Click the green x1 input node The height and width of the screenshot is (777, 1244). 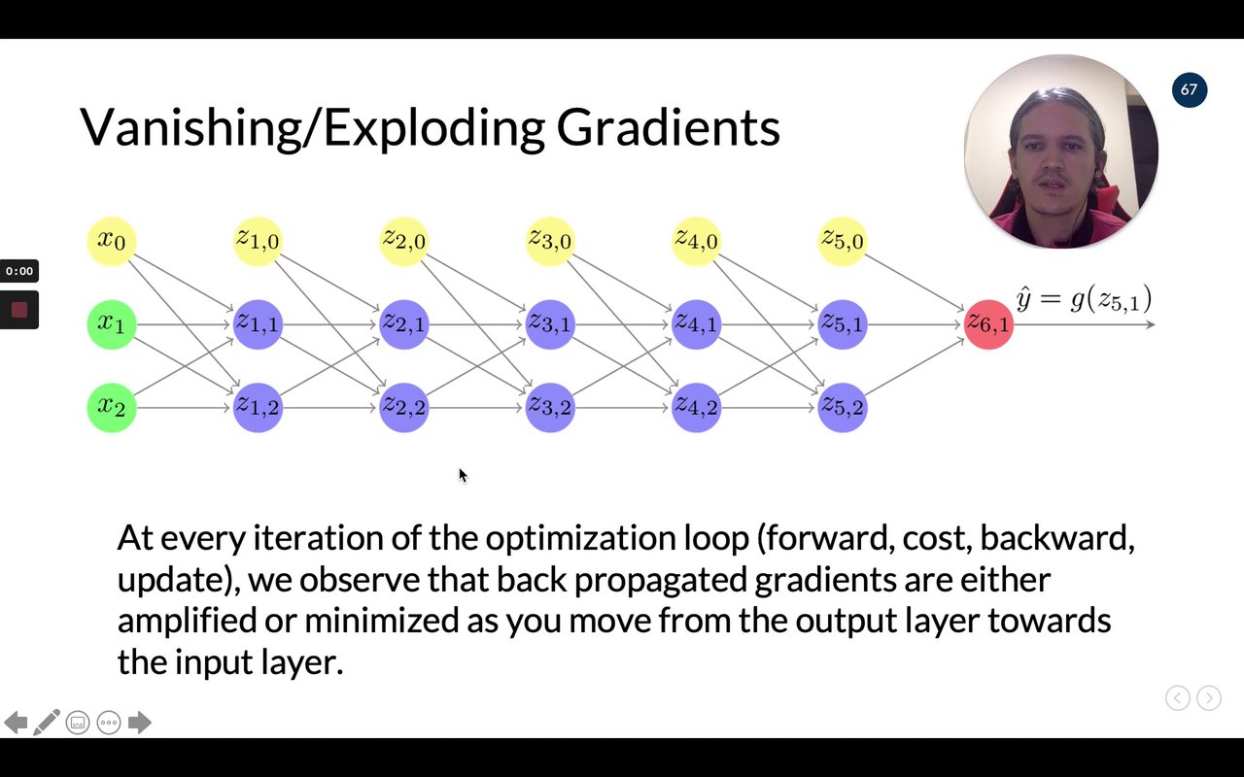(112, 324)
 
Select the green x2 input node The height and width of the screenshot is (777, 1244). (112, 408)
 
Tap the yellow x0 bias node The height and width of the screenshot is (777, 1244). (112, 242)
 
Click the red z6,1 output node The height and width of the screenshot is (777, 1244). (988, 324)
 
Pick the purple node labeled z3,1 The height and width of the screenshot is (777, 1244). (550, 324)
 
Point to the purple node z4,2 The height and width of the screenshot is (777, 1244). (696, 408)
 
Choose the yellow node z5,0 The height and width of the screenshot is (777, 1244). (843, 242)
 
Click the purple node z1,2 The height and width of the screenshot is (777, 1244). (258, 408)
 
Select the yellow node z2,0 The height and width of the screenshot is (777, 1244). (403, 242)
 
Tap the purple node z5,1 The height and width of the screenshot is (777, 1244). (843, 324)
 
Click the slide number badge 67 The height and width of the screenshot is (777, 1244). (1189, 90)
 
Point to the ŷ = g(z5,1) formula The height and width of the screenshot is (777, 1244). (1084, 300)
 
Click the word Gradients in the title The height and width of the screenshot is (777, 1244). (668, 127)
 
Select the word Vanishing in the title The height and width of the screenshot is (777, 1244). (190, 127)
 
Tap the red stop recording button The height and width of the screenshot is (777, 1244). (19, 310)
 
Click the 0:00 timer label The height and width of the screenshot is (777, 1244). (19, 271)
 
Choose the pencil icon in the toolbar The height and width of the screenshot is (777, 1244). (47, 722)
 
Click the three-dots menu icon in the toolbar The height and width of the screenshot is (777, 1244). (109, 723)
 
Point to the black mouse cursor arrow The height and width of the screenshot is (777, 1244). (464, 476)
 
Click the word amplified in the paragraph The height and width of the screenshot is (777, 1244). (188, 621)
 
